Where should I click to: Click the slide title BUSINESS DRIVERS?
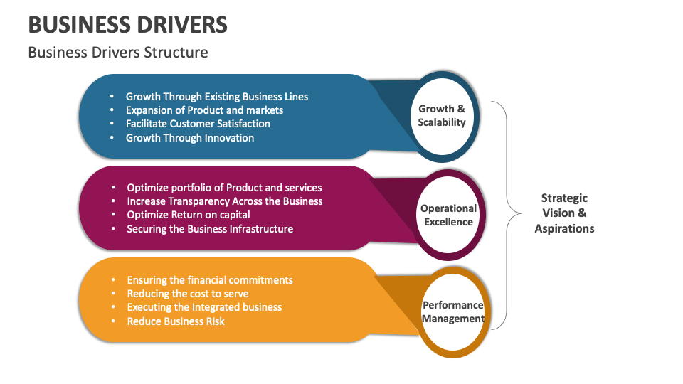(x=128, y=25)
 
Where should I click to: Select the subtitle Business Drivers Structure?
(x=118, y=53)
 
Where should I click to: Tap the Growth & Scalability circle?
(x=442, y=115)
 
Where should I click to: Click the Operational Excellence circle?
(x=448, y=215)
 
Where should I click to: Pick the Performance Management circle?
(x=452, y=311)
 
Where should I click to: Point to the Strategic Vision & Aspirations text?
(x=564, y=213)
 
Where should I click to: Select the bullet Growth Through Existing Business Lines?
(x=217, y=97)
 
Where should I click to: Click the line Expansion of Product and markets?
(x=204, y=110)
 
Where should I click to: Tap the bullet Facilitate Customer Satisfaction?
(x=198, y=124)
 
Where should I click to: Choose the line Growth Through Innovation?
(x=190, y=138)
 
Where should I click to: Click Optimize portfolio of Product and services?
(x=224, y=188)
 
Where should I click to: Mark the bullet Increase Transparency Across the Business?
(x=225, y=201)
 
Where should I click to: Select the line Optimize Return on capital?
(x=189, y=215)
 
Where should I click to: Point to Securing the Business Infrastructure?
(x=210, y=229)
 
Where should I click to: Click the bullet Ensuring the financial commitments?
(x=210, y=280)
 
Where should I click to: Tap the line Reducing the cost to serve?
(x=188, y=294)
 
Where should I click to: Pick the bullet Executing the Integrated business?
(x=204, y=307)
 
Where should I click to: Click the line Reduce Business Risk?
(x=176, y=321)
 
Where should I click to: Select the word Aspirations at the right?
(x=564, y=228)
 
